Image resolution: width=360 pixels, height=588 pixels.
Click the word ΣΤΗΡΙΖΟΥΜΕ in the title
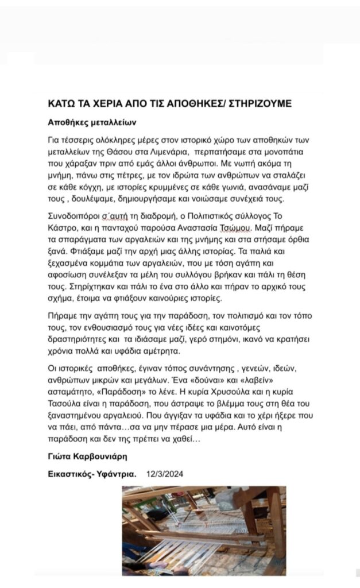[259, 103]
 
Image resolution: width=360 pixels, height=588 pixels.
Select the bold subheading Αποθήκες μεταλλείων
[92, 123]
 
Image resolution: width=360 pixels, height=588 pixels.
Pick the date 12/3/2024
[165, 474]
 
